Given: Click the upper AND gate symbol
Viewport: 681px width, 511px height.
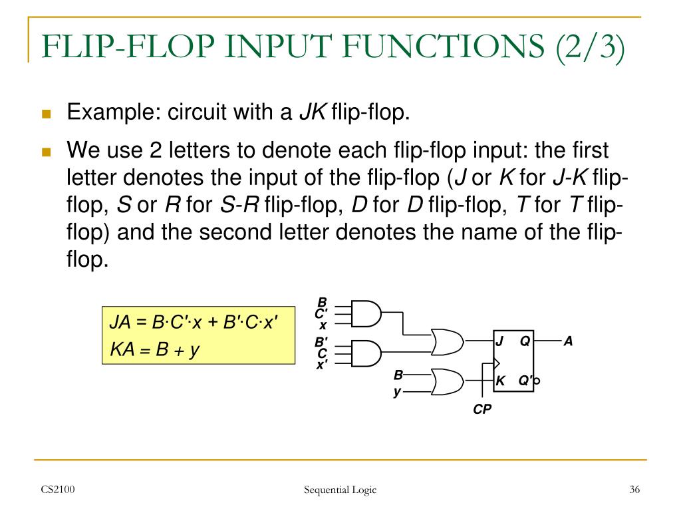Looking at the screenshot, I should point(366,313).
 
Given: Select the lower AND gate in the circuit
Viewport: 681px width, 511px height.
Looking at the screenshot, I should point(366,352).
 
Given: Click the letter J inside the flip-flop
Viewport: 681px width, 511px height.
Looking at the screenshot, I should point(499,341).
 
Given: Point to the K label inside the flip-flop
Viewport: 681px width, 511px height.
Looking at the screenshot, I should point(501,381).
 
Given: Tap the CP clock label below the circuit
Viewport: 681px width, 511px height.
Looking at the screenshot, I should point(482,410).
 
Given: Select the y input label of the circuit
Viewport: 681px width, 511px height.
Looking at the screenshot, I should point(397,391).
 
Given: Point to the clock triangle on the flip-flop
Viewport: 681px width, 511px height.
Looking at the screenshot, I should point(496,363).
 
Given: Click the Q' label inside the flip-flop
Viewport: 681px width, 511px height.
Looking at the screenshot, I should point(525,381).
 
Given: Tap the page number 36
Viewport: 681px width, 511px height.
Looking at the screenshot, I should point(634,490).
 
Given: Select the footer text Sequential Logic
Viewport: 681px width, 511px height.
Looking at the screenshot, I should point(340,490).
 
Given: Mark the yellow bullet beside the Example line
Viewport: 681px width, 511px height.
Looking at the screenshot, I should point(46,114).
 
